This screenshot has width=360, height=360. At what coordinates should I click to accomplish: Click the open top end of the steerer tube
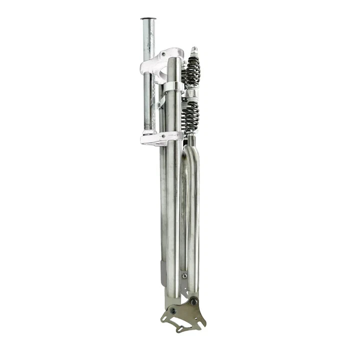tap(148, 19)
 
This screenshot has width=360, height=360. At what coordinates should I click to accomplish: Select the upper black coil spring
tap(192, 70)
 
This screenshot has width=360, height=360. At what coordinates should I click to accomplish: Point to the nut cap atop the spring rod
tap(194, 50)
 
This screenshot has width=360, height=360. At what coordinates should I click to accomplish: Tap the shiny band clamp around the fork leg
tap(172, 86)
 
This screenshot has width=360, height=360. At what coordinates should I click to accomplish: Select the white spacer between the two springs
tap(192, 92)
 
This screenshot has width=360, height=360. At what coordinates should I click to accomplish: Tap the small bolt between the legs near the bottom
tap(184, 275)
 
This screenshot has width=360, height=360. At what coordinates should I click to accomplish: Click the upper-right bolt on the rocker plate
tap(193, 301)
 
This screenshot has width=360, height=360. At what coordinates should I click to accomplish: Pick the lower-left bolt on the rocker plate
tap(173, 310)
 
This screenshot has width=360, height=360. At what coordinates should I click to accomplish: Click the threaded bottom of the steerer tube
tap(149, 127)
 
